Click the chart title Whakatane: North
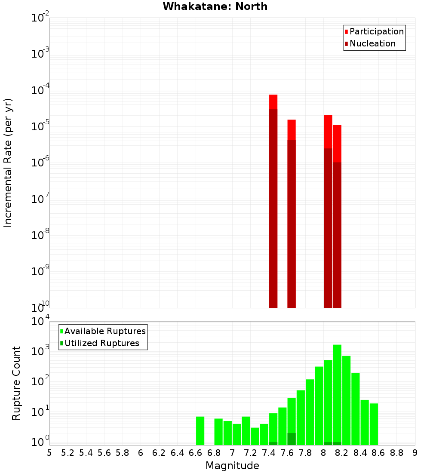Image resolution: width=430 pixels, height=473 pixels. pyautogui.click(x=215, y=6)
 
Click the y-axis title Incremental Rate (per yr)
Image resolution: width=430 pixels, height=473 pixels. pyautogui.click(x=8, y=163)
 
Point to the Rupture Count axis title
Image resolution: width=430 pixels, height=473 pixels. pyautogui.click(x=16, y=383)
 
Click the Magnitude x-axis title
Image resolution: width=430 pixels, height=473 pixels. pyautogui.click(x=232, y=466)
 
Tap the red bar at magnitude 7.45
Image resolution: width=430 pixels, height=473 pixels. pyautogui.click(x=273, y=101)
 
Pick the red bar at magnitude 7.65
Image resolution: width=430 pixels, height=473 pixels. pyautogui.click(x=292, y=129)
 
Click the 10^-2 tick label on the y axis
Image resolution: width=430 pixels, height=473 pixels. pyautogui.click(x=40, y=18)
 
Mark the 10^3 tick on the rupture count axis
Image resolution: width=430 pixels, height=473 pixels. pyautogui.click(x=40, y=351)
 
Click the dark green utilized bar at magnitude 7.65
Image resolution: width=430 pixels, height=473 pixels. pyautogui.click(x=292, y=439)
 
